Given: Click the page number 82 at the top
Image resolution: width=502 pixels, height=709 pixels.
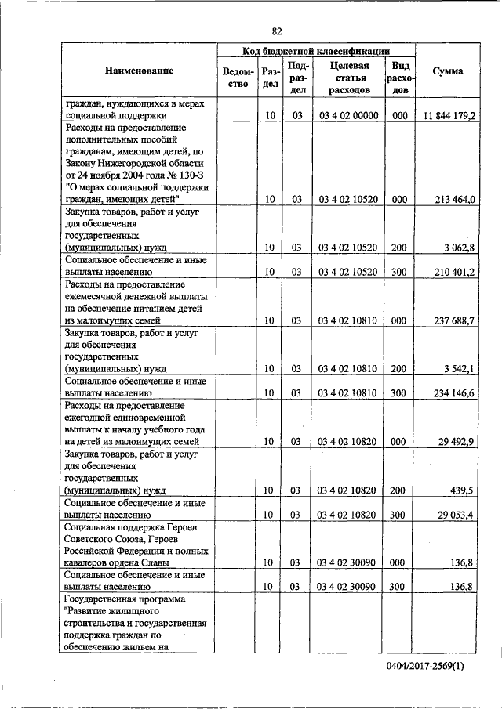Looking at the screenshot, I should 277,31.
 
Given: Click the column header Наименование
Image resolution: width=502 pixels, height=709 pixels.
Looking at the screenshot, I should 139,71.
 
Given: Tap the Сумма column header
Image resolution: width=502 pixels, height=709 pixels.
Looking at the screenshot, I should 448,71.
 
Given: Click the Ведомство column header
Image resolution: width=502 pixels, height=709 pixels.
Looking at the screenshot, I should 237,78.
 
